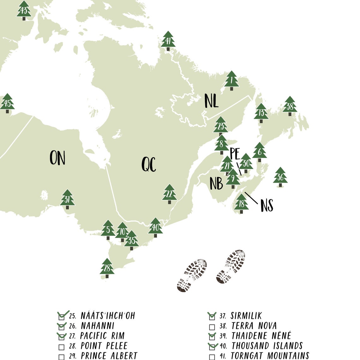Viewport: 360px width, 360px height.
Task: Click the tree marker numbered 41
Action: tap(168, 41)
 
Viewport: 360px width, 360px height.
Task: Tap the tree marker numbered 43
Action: tap(24, 10)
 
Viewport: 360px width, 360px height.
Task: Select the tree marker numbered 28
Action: tap(107, 268)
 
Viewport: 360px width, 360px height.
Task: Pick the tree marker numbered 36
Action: tap(280, 177)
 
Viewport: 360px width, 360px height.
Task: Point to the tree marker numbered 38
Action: tap(290, 106)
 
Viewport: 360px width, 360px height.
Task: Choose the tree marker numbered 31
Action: tap(67, 199)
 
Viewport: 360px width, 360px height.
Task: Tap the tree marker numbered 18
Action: tap(242, 204)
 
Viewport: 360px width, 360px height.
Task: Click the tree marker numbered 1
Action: tap(232, 81)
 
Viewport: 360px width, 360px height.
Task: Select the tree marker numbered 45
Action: tap(7, 103)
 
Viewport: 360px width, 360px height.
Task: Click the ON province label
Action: tap(57, 158)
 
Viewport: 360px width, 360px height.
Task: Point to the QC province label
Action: tap(149, 164)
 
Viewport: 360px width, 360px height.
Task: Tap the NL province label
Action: tap(211, 101)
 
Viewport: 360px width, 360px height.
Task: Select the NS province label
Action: tap(267, 205)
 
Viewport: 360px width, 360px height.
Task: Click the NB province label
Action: tap(216, 183)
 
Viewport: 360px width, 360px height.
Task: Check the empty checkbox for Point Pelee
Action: tap(62, 347)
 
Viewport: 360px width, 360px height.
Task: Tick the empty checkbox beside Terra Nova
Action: tap(212, 327)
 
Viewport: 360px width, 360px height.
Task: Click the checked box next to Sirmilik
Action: tap(212, 316)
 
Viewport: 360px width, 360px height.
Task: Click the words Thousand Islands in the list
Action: tap(267, 346)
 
